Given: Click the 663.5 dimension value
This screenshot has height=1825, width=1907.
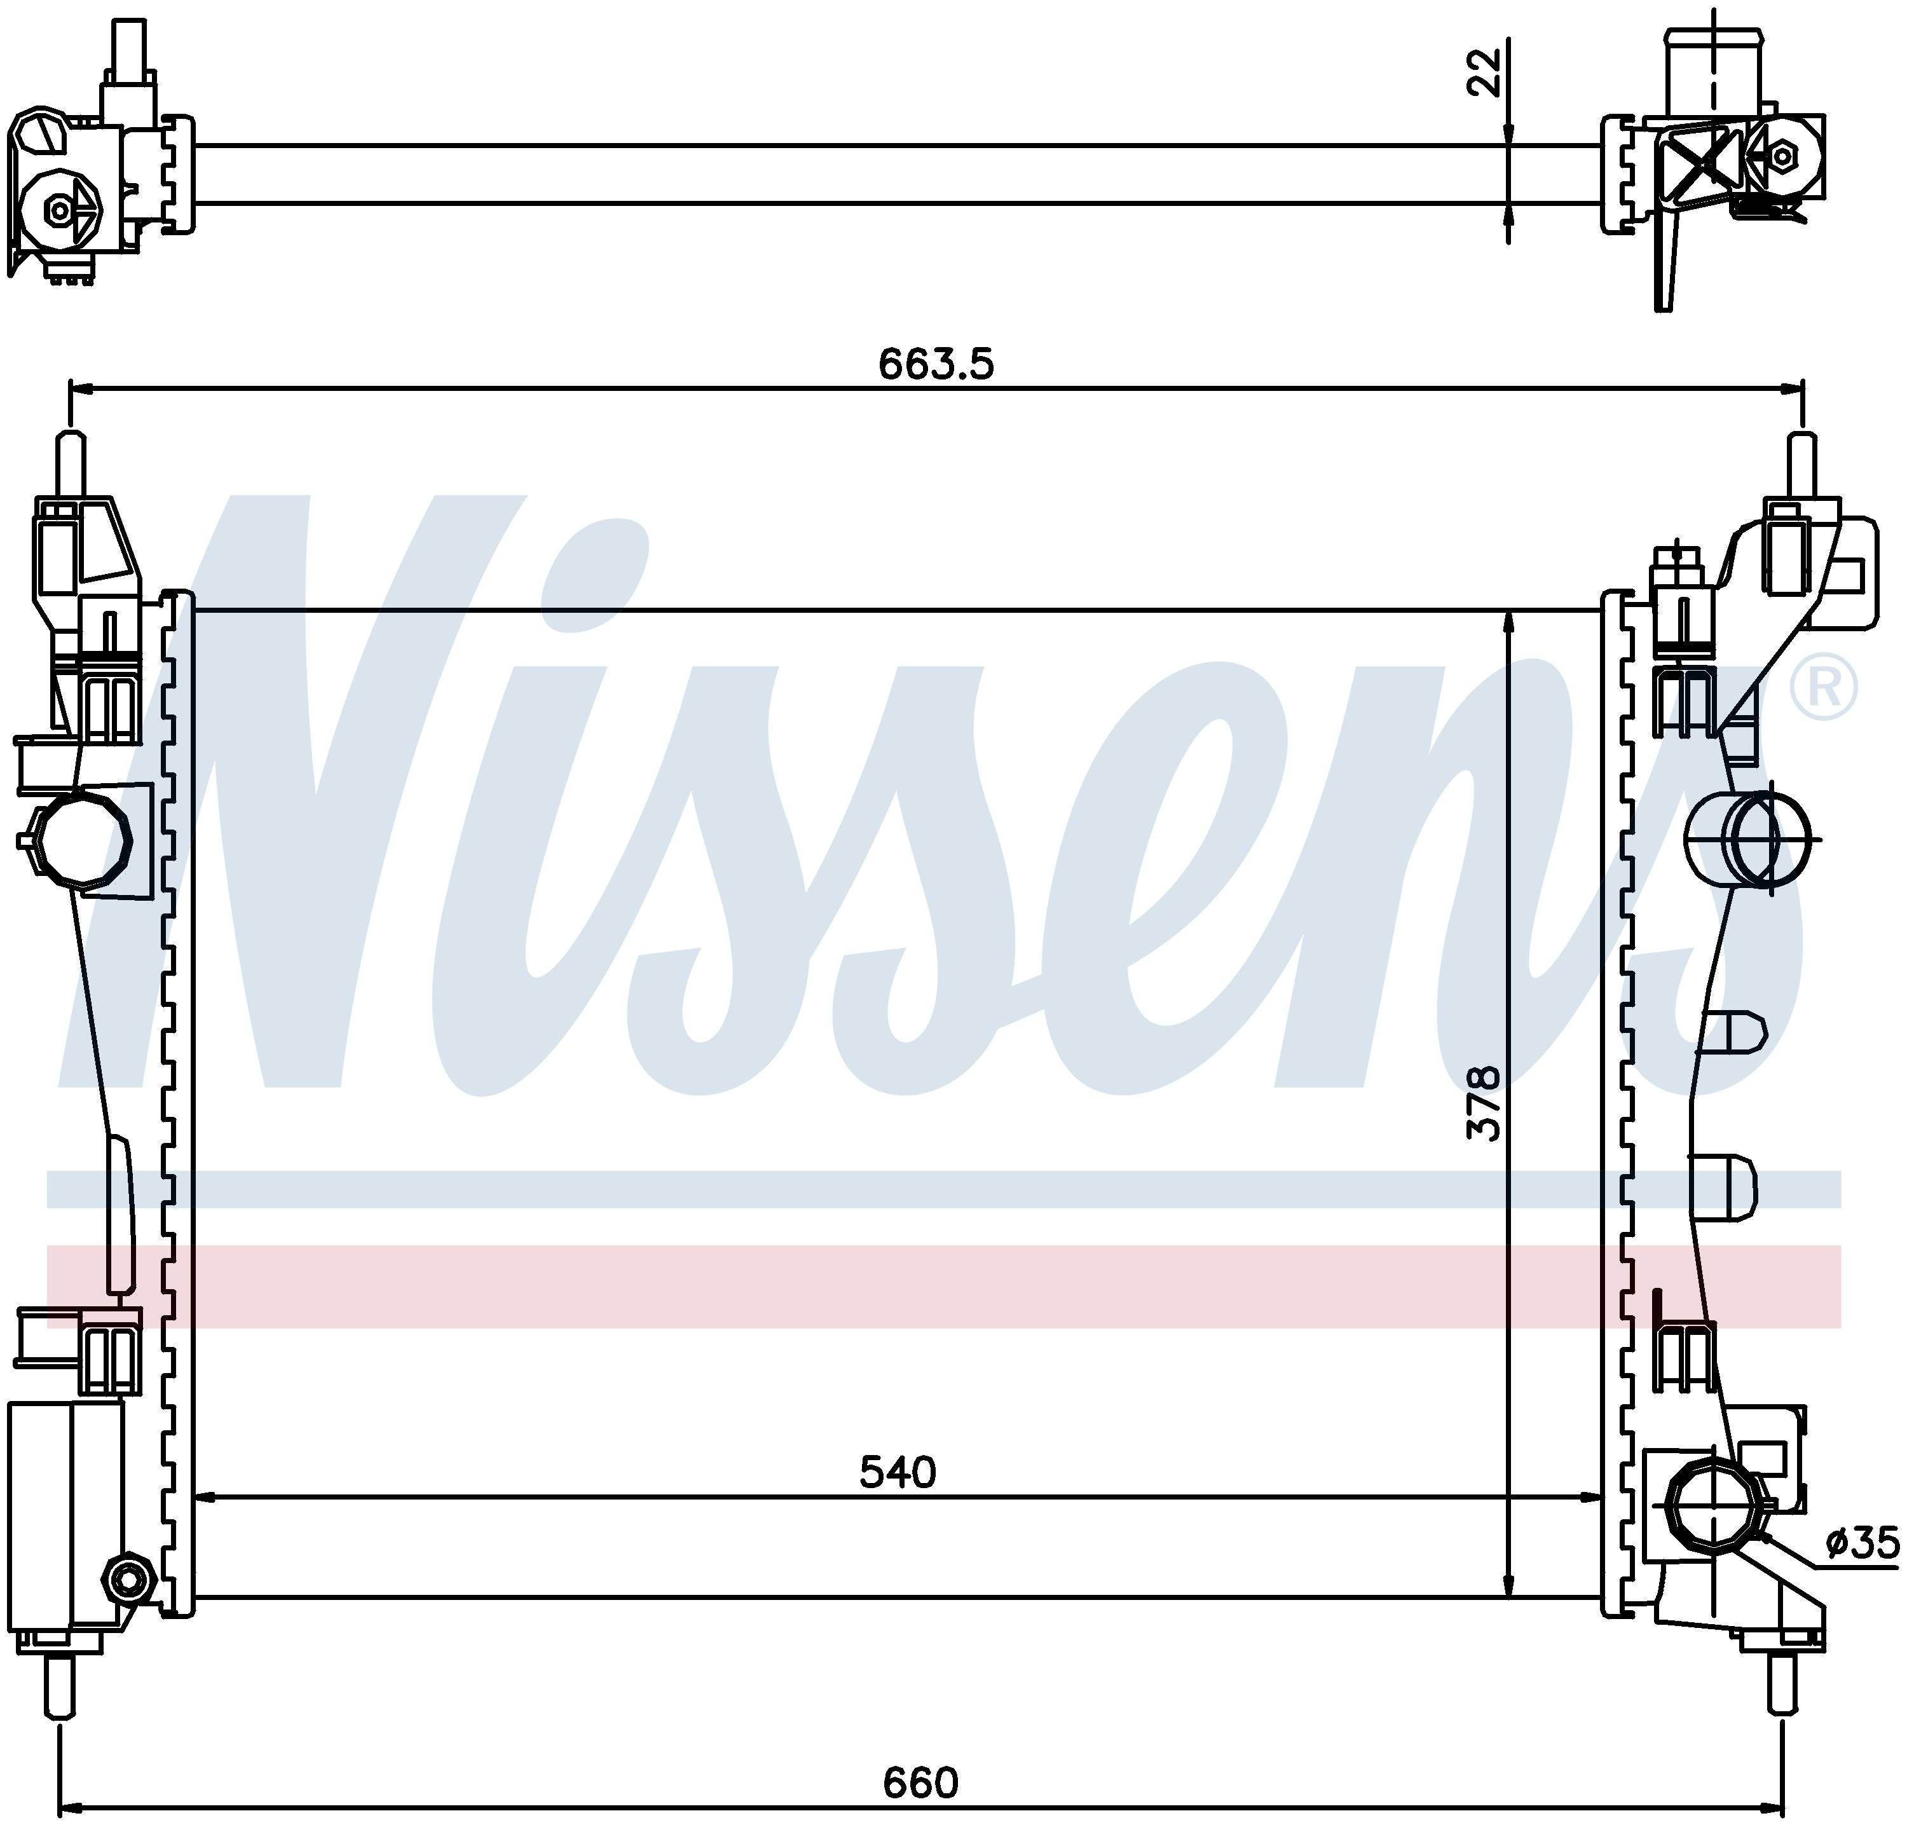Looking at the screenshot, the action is pos(936,365).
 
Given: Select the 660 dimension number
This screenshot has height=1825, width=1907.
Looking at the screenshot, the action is pos(920,1782).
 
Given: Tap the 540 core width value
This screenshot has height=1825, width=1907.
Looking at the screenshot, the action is pos(897,1472).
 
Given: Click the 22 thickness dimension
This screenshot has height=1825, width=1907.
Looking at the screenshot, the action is pos(1484,73).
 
